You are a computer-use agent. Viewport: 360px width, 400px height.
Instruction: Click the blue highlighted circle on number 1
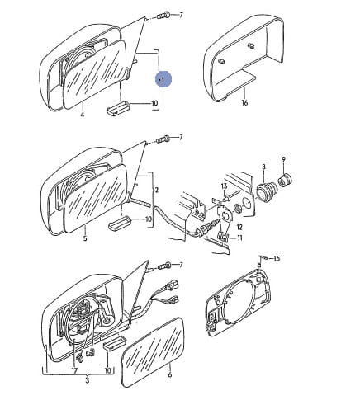[163, 79]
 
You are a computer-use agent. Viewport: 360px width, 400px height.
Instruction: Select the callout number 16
[244, 103]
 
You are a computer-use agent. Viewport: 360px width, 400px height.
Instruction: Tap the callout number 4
[82, 115]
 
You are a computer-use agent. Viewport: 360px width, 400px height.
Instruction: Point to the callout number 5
[85, 238]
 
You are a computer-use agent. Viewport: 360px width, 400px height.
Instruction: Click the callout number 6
[170, 374]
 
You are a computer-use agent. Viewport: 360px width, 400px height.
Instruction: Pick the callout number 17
[74, 370]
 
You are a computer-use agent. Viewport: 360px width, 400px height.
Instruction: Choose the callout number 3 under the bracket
[87, 380]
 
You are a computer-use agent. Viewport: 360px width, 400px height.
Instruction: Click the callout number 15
[277, 258]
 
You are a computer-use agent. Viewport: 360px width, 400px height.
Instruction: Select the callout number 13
[224, 186]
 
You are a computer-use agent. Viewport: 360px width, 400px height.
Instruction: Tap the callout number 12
[239, 227]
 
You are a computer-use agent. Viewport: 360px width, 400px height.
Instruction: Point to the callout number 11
[239, 238]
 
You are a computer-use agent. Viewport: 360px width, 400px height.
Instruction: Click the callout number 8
[263, 167]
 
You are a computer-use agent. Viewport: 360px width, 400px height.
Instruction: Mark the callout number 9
[284, 158]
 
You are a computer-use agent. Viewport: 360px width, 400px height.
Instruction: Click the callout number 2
[157, 190]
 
